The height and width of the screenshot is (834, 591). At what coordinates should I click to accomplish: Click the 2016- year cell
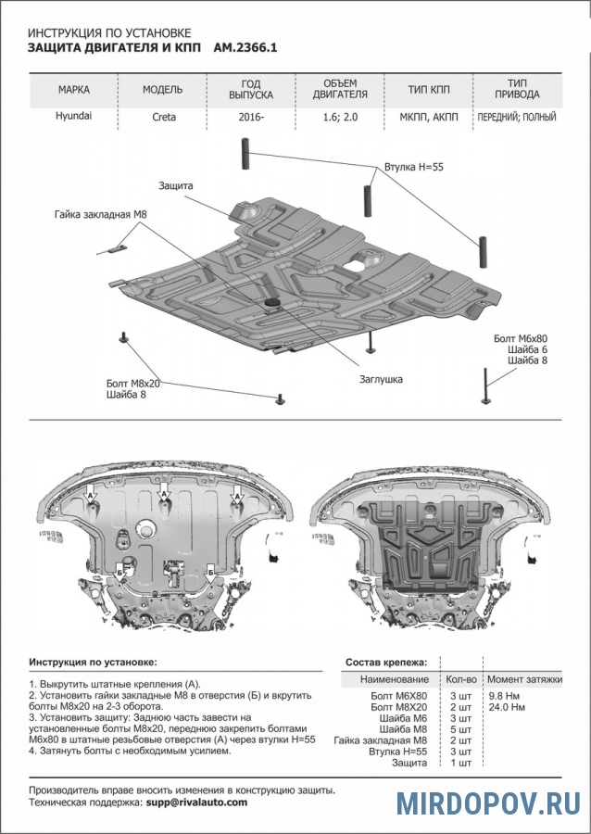(x=249, y=118)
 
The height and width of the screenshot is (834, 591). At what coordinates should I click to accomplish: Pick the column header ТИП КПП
(x=430, y=91)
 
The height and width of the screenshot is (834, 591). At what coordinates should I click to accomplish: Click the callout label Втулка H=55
(x=414, y=169)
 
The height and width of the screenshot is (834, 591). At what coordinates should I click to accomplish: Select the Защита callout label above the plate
(x=175, y=186)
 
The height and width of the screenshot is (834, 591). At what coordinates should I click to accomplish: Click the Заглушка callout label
(x=382, y=379)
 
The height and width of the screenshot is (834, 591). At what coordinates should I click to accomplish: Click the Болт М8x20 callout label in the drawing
(x=132, y=383)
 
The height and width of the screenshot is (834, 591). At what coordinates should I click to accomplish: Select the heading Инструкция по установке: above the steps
(x=93, y=663)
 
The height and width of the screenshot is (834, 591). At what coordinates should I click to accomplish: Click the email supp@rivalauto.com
(x=196, y=802)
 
